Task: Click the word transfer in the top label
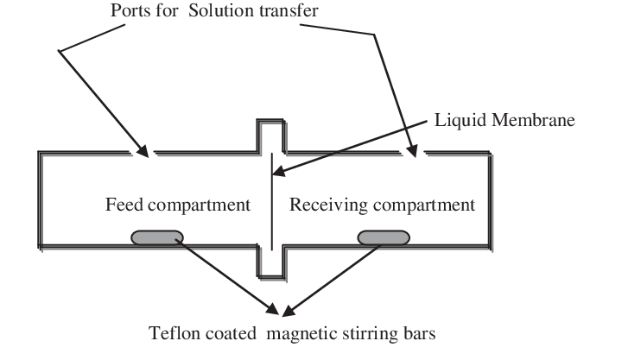coord(291,11)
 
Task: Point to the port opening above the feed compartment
coord(144,155)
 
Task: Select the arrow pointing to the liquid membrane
coord(363,147)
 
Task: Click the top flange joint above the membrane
coord(271,136)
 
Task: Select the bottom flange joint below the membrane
coord(271,263)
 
